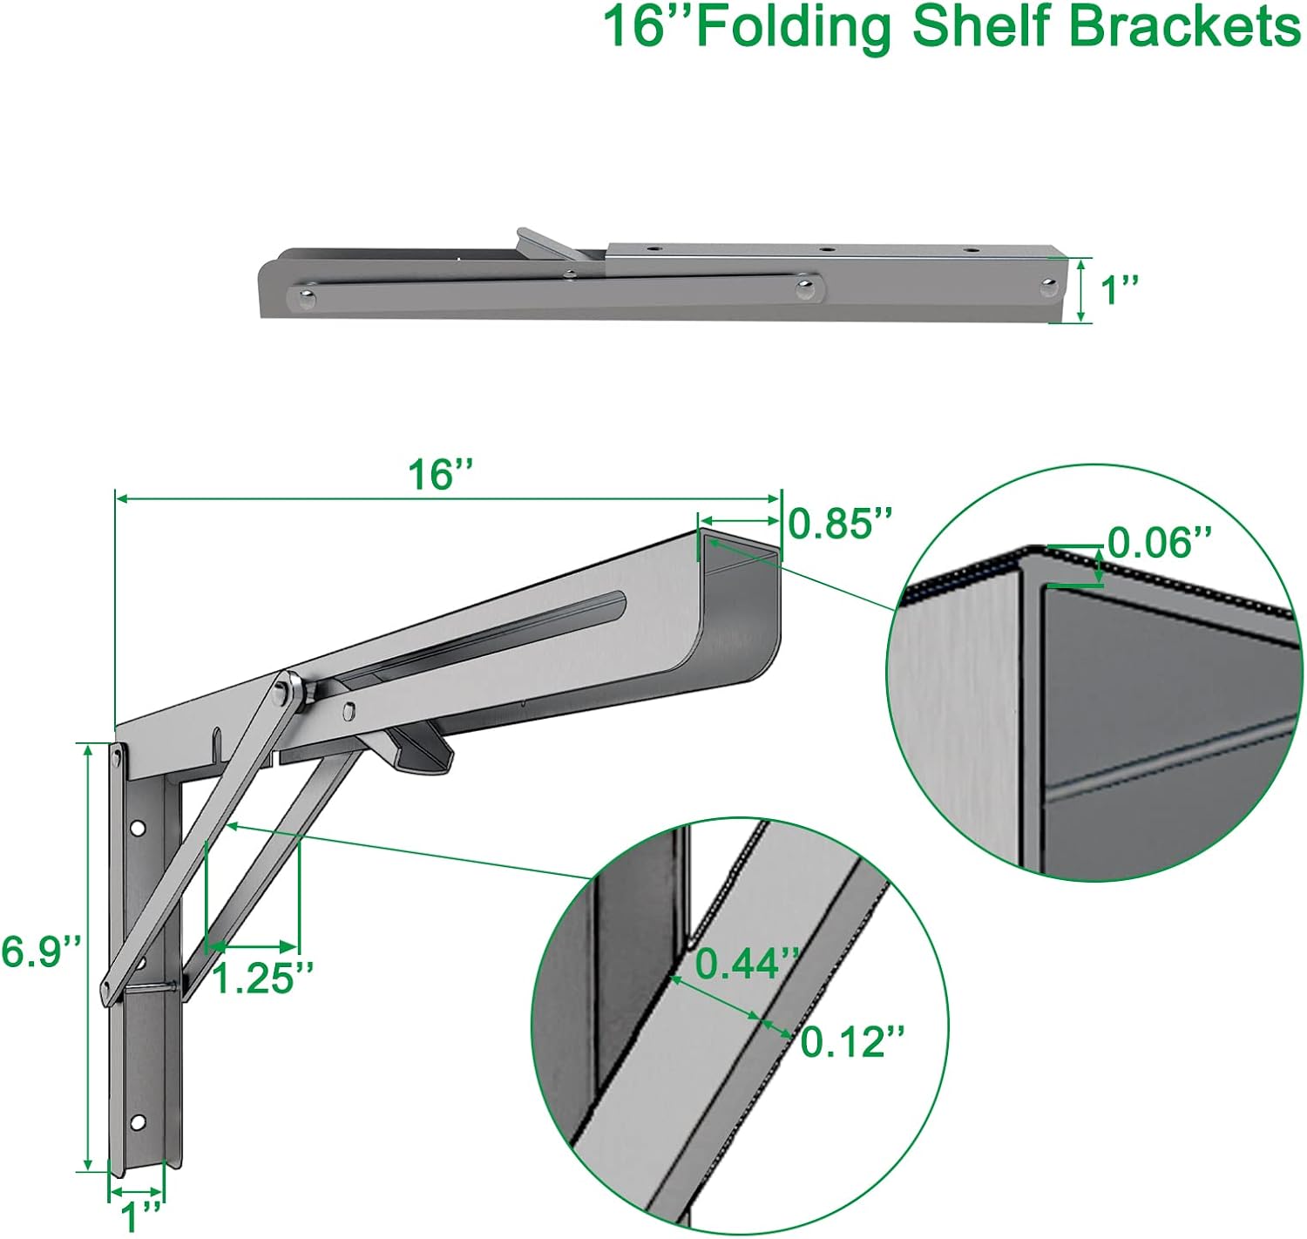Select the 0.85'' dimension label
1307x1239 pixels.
click(841, 525)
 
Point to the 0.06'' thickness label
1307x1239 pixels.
click(1160, 544)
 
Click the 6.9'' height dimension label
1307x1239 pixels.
click(41, 951)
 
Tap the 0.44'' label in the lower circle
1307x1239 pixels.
click(747, 964)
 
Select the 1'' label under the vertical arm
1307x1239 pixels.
click(140, 1216)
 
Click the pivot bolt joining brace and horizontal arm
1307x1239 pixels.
click(283, 693)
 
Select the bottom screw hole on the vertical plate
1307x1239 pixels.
click(136, 1122)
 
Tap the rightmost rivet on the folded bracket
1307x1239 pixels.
click(1048, 285)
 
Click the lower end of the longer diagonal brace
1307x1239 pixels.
click(110, 990)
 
